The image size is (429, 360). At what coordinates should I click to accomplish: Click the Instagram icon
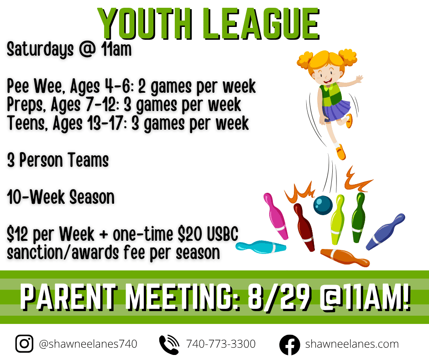tap(24, 344)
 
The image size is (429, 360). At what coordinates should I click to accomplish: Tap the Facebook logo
tap(289, 344)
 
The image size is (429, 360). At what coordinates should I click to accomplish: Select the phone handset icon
tap(169, 344)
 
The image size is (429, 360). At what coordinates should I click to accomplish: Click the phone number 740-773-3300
tap(221, 344)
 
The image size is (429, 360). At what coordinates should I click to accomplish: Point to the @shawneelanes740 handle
tap(88, 344)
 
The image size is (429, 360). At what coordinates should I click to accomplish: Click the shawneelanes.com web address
tap(352, 344)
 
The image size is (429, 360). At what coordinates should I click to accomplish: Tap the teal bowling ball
tap(323, 205)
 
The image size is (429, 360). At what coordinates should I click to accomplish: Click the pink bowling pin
tap(276, 216)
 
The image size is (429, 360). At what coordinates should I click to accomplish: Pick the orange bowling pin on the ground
tap(345, 257)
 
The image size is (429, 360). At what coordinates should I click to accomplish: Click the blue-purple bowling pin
tap(385, 232)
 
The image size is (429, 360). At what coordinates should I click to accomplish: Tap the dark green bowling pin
tap(358, 217)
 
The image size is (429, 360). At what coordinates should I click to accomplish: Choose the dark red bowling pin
tap(304, 227)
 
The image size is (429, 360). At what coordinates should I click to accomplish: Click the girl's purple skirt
tap(336, 110)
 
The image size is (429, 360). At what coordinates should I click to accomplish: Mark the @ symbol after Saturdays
tap(87, 49)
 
